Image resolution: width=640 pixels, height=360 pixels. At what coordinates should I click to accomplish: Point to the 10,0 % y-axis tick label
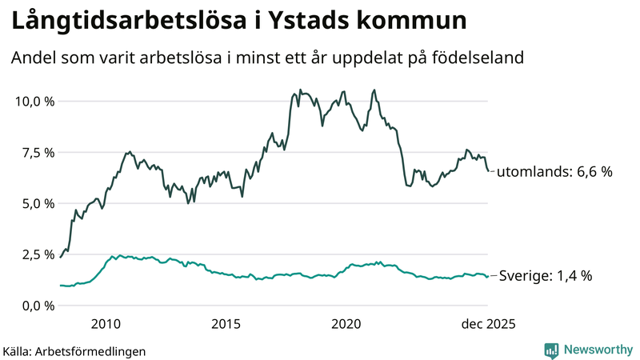tap(34, 102)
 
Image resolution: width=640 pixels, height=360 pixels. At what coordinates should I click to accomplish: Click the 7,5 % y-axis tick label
tap(37, 153)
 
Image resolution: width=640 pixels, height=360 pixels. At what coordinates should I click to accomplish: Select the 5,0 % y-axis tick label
tap(37, 204)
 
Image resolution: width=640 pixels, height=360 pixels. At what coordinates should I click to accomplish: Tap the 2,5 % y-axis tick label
tap(37, 255)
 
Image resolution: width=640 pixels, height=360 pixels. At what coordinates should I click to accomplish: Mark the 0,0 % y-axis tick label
tap(37, 306)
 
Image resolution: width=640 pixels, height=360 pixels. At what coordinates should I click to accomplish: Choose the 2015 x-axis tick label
tap(226, 324)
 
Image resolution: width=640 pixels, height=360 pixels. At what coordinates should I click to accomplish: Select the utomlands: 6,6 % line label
tap(554, 172)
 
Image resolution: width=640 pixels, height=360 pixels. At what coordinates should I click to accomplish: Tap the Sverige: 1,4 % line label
tap(545, 276)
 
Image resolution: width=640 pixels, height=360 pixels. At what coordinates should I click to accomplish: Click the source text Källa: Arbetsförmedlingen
tap(74, 350)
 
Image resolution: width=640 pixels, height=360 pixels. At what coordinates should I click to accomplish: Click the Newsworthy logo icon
tap(551, 350)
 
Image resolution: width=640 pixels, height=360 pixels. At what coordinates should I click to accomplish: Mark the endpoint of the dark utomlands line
tap(489, 170)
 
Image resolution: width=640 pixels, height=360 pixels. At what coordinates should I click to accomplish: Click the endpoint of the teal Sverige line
tap(489, 277)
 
